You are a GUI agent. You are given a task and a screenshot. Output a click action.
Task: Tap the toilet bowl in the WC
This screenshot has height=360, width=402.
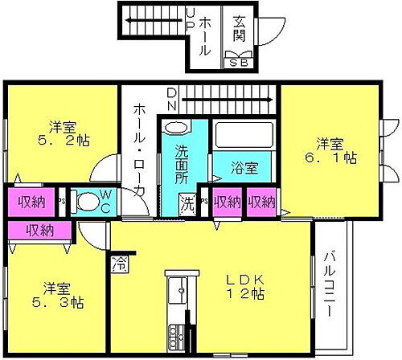[83, 202]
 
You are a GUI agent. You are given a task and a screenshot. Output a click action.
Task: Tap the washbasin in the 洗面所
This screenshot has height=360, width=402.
[174, 129]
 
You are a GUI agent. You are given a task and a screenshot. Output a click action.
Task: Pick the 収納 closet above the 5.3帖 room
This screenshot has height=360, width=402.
[39, 231]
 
